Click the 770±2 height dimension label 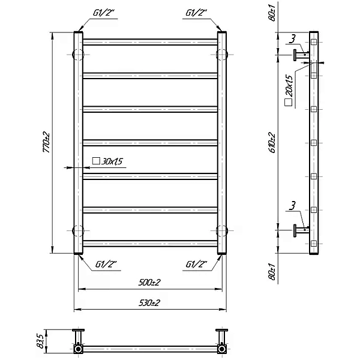pyautogui.click(x=46, y=142)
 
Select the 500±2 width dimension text pyautogui.click(x=149, y=282)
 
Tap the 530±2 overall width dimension pyautogui.click(x=149, y=303)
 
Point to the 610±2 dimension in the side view pyautogui.click(x=272, y=142)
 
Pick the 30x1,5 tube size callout pyautogui.click(x=107, y=161)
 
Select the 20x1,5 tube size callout pyautogui.click(x=289, y=90)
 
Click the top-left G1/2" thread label pyautogui.click(x=104, y=13)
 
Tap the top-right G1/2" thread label pyautogui.click(x=196, y=13)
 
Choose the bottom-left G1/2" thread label pyautogui.click(x=106, y=265)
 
